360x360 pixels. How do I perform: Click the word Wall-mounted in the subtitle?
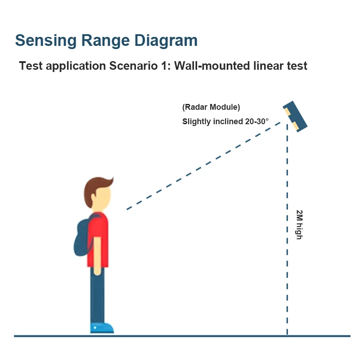click(210, 66)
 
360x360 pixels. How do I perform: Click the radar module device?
click(295, 116)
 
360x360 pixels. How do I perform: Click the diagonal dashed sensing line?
click(202, 166)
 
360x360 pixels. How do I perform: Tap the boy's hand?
click(97, 271)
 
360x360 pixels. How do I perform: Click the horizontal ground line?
click(180, 336)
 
